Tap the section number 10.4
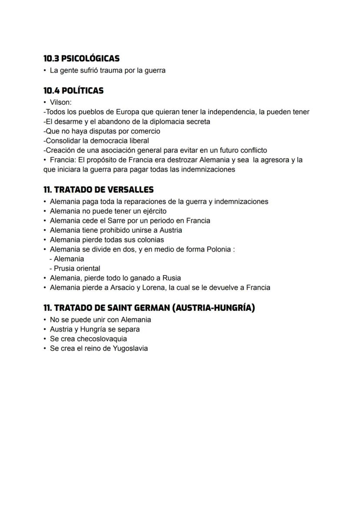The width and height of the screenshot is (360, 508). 51,90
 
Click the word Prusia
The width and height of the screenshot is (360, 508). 65,269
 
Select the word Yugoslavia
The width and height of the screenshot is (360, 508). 130,349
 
